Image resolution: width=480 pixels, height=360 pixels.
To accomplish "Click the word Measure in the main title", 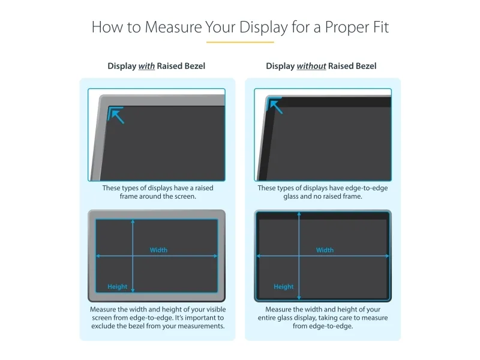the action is (173, 27).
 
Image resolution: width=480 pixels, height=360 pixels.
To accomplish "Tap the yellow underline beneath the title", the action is (240, 42).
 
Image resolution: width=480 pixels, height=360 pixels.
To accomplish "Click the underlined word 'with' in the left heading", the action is (146, 66).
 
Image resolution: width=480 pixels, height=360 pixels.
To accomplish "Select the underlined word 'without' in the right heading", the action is (311, 66).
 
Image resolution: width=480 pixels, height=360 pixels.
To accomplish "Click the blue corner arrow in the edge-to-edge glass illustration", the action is (275, 106).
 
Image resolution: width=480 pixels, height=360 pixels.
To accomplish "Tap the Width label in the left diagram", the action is (158, 250).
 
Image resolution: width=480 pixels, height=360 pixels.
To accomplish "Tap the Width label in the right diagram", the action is (325, 250).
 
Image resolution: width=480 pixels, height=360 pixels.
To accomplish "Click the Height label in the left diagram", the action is (117, 287).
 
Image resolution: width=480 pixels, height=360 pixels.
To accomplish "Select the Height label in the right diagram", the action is (283, 287).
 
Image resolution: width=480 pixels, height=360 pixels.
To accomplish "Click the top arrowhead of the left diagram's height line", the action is (133, 221).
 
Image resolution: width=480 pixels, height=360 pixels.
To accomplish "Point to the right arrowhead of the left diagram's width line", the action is (215, 256).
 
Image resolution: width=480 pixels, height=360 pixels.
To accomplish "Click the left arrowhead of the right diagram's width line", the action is (259, 256).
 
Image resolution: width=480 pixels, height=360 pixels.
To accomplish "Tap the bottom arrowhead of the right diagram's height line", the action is (299, 297).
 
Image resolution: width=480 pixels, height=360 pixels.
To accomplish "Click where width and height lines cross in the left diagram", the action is (133, 256).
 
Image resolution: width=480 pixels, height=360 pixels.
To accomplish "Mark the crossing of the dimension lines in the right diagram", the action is (299, 256).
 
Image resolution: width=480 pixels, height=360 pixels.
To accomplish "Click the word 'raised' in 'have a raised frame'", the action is (204, 188).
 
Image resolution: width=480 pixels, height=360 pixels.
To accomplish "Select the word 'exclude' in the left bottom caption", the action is (103, 326).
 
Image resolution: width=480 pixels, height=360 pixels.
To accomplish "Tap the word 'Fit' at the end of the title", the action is (381, 27).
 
